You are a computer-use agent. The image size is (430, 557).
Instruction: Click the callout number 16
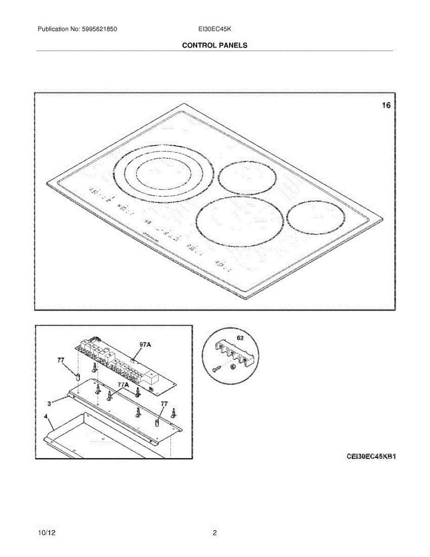click(x=386, y=106)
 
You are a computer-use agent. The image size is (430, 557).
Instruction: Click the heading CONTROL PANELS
click(x=214, y=45)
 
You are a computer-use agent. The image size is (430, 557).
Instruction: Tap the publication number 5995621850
click(x=99, y=29)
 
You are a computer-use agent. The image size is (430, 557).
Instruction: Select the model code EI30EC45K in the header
click(x=215, y=29)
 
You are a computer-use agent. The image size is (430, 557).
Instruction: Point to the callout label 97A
click(x=145, y=344)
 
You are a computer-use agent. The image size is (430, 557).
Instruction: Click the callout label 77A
click(x=123, y=385)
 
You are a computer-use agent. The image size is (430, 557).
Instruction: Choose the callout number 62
click(x=240, y=338)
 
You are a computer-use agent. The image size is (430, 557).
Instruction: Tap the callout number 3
click(x=50, y=404)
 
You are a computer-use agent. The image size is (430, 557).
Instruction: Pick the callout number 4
click(x=46, y=417)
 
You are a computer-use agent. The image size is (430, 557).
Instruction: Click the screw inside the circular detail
click(x=216, y=369)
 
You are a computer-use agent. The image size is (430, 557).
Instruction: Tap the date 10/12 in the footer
click(x=47, y=533)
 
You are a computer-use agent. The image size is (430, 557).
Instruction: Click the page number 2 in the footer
click(x=215, y=533)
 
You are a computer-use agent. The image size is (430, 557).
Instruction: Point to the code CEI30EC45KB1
click(x=371, y=456)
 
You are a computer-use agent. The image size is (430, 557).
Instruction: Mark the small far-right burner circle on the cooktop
click(x=316, y=217)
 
